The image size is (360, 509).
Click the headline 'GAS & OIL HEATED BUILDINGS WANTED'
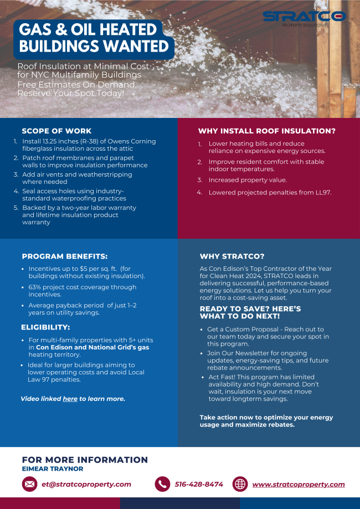93,38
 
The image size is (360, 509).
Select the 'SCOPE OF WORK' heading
56,131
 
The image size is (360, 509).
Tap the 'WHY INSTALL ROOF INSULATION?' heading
267,131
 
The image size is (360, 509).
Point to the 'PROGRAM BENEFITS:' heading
65,256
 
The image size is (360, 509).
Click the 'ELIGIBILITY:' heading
45,327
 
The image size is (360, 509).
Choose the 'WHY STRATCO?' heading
232,256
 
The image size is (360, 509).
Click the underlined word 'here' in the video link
70,399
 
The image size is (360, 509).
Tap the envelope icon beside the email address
29,484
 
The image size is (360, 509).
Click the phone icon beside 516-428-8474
162,484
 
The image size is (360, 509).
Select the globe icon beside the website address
240,484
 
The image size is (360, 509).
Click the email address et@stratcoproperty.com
86,484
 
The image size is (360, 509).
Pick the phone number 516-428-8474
199,484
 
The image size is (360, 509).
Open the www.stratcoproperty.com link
299,484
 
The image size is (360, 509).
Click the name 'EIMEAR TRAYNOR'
53,469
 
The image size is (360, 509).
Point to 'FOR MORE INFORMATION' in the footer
85,460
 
